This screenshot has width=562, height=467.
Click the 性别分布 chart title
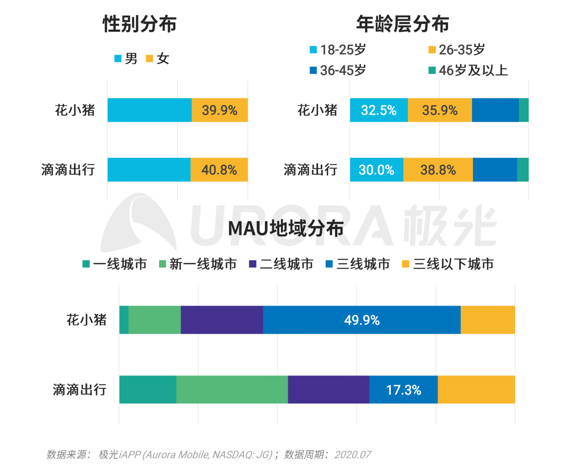click(139, 24)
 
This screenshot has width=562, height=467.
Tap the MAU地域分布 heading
click(286, 229)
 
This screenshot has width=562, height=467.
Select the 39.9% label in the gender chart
click(220, 110)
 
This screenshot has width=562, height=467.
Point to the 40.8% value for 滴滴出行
click(219, 170)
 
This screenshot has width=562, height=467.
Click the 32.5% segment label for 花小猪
click(378, 110)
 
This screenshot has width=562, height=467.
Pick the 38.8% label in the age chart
click(438, 170)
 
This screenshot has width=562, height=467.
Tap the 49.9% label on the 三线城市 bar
click(362, 320)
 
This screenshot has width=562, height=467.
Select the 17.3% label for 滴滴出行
click(403, 390)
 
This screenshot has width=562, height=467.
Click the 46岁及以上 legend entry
click(467, 70)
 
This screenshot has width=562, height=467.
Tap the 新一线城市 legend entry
click(197, 264)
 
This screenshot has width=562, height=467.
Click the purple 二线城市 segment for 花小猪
click(222, 320)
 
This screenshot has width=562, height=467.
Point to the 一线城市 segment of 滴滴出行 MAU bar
click(148, 390)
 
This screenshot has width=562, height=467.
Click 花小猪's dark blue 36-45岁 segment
click(495, 110)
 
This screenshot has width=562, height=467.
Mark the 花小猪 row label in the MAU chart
click(86, 319)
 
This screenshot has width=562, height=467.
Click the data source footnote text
click(209, 455)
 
